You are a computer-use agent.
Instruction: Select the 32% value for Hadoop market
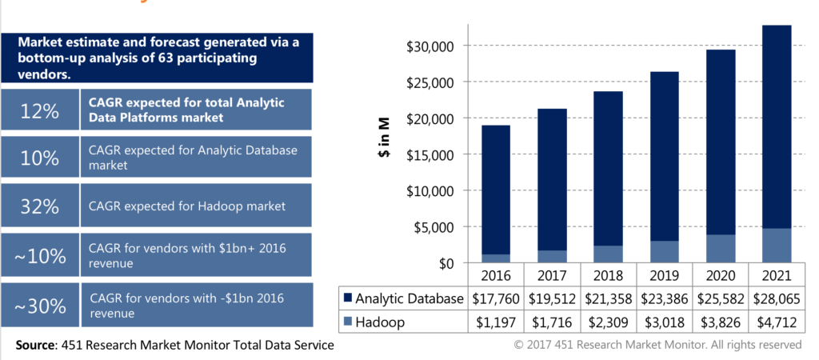40,206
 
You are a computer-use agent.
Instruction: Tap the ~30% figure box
40,305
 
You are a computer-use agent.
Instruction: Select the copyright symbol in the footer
518,345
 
